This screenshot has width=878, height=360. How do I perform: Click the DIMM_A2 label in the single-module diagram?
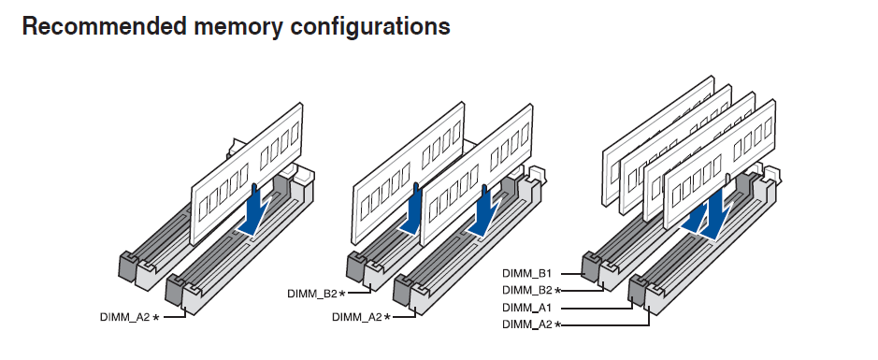(x=125, y=317)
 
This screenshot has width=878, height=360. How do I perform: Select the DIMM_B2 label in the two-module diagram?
(x=312, y=294)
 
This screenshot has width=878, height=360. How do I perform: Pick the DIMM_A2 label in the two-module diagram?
(x=356, y=317)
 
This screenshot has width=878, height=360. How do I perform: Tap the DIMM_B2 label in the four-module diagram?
(x=527, y=290)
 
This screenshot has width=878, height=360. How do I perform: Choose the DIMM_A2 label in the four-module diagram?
(x=527, y=324)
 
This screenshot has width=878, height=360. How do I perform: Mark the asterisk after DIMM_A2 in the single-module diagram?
(x=155, y=317)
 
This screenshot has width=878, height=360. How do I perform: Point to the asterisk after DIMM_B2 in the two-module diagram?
(x=342, y=294)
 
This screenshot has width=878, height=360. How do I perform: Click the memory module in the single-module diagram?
(x=246, y=174)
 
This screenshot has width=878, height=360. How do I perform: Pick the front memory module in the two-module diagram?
(x=476, y=177)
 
